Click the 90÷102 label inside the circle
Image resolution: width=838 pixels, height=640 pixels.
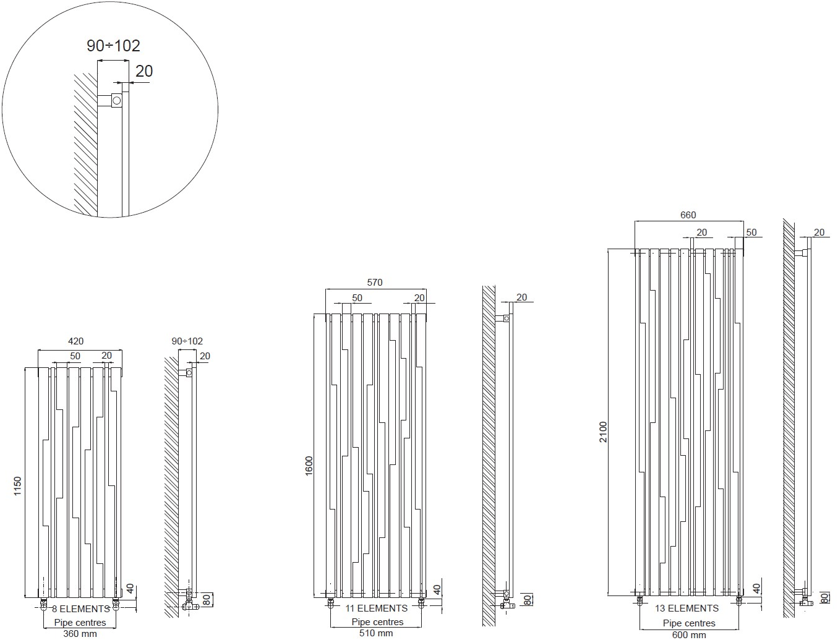113,46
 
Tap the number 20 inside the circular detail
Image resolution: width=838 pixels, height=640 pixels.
144,71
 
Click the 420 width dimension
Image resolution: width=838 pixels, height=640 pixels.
75,341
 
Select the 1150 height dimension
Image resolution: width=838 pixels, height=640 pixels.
17,486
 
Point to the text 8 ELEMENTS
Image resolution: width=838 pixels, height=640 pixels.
81,608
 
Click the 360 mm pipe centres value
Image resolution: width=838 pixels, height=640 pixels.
80,634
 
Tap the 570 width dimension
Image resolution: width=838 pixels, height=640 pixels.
375,283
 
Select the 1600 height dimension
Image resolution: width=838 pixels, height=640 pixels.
309,466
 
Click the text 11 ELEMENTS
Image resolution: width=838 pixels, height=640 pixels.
377,608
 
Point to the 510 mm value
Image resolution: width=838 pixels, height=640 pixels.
376,634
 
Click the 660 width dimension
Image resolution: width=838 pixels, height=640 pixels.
688,215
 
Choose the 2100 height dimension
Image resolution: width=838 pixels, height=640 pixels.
603,432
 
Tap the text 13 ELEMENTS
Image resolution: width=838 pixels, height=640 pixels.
687,608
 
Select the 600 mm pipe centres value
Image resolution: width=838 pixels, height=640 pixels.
689,635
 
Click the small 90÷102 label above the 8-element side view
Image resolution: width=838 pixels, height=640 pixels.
187,341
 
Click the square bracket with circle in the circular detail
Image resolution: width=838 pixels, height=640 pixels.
117,101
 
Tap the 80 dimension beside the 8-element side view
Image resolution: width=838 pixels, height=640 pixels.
207,600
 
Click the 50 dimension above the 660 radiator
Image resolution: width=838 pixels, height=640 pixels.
751,233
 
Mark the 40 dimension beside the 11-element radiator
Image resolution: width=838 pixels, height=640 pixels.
437,590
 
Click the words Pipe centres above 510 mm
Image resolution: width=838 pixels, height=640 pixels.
377,622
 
